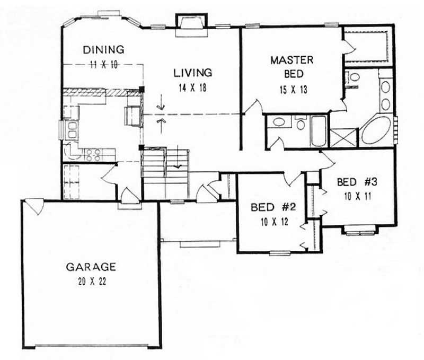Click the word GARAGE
(91, 266)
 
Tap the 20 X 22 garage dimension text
(91, 281)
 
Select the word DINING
(104, 50)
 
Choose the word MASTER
(292, 60)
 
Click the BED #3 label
(357, 182)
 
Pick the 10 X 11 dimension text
(357, 196)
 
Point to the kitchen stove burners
(93, 154)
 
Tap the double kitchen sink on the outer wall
(70, 130)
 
